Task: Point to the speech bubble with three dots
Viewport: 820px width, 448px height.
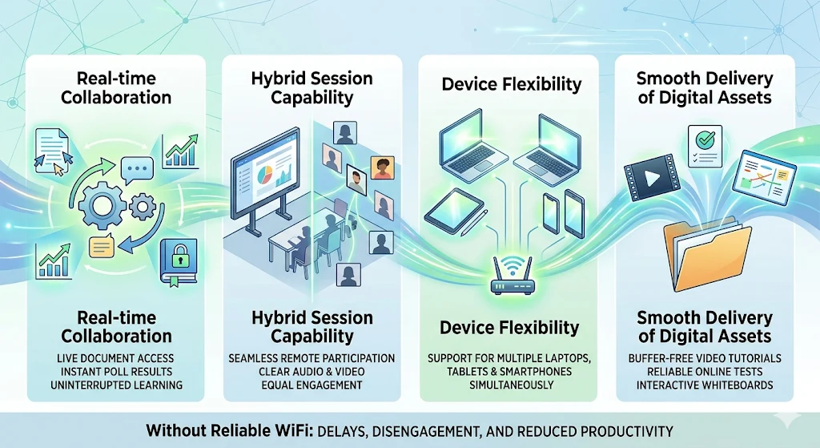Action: [136, 170]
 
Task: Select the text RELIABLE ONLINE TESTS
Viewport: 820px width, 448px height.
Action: [705, 371]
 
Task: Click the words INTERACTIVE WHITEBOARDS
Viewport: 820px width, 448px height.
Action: [705, 385]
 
